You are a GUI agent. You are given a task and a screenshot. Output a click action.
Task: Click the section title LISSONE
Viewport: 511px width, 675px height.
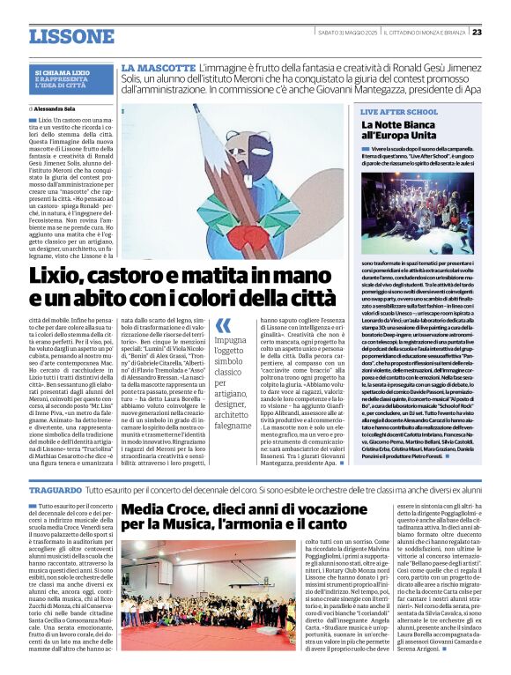59,36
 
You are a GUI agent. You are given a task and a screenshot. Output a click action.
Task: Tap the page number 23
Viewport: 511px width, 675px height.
477,32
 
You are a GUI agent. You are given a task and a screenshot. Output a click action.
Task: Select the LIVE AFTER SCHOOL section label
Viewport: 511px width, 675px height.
399,113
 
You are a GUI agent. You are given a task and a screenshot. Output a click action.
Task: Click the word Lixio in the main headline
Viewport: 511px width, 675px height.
59,276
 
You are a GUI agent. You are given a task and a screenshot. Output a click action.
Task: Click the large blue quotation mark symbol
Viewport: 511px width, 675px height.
225,327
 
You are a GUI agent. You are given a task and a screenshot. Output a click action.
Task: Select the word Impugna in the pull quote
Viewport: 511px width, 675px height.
231,340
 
